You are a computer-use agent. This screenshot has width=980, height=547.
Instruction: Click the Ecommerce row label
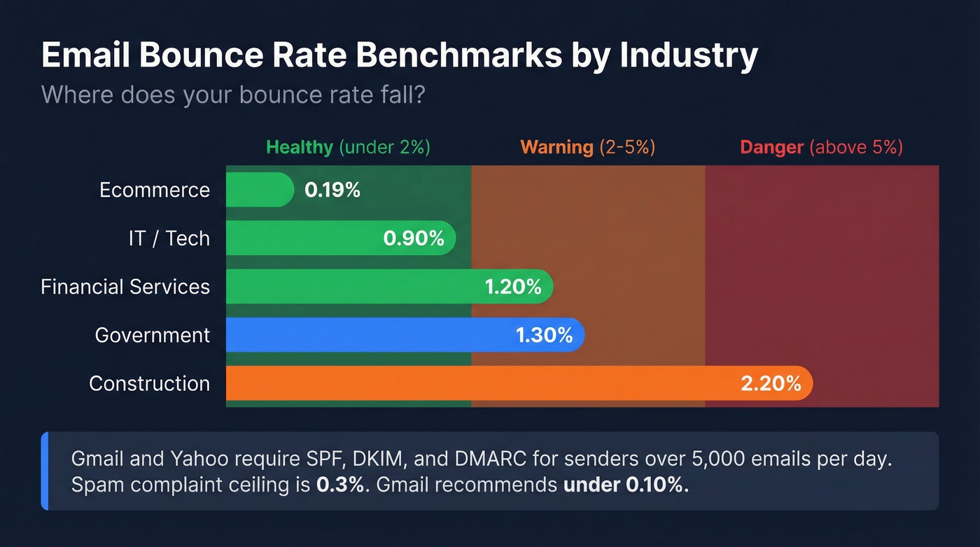(x=155, y=190)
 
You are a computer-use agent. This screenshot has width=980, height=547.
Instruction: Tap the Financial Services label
(x=125, y=286)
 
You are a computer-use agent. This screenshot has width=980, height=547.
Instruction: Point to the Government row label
(x=153, y=335)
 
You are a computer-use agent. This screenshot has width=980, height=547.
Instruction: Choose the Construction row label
(x=149, y=383)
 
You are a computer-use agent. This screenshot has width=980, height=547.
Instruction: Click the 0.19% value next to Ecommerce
(x=332, y=190)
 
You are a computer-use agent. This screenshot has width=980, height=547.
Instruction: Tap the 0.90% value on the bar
(x=414, y=238)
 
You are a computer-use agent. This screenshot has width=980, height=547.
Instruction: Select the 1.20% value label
(x=513, y=286)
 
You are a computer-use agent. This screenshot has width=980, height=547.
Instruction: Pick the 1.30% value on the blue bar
(x=545, y=335)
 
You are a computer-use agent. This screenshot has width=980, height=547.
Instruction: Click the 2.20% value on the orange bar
(x=771, y=383)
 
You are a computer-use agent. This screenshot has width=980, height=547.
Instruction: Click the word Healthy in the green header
(x=299, y=147)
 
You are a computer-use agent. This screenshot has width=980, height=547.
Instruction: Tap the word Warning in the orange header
(x=556, y=147)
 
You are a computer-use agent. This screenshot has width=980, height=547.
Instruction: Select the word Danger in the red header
(x=771, y=147)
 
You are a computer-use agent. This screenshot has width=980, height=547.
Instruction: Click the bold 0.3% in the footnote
(x=340, y=485)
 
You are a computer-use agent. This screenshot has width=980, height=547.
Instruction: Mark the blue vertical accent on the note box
(x=45, y=471)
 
